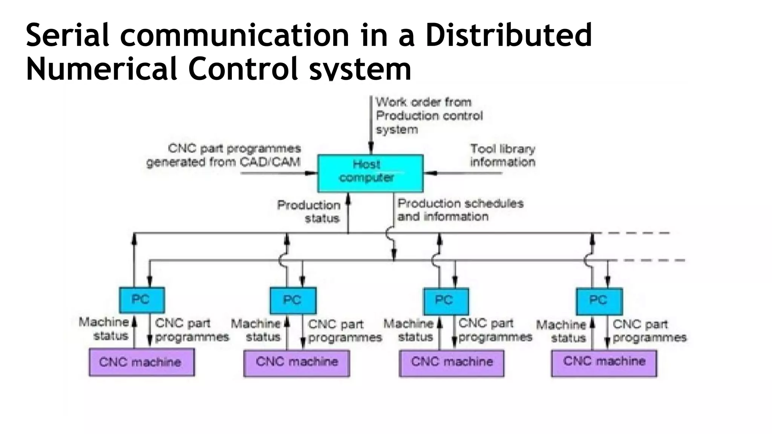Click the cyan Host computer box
coord(370,173)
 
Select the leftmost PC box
coord(142,300)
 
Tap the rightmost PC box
coord(599,301)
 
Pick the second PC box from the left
coord(293,301)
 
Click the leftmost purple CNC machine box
coord(142,362)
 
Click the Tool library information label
coord(502,155)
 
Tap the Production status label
coord(309,211)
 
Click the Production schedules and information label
coord(460,210)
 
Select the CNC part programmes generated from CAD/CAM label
coord(224,155)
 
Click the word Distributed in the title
coord(509,35)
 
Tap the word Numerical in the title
coord(102,69)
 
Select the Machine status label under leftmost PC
coord(104,329)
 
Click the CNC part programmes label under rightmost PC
coord(649,331)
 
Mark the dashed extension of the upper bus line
coord(637,233)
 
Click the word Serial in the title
coord(67,35)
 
